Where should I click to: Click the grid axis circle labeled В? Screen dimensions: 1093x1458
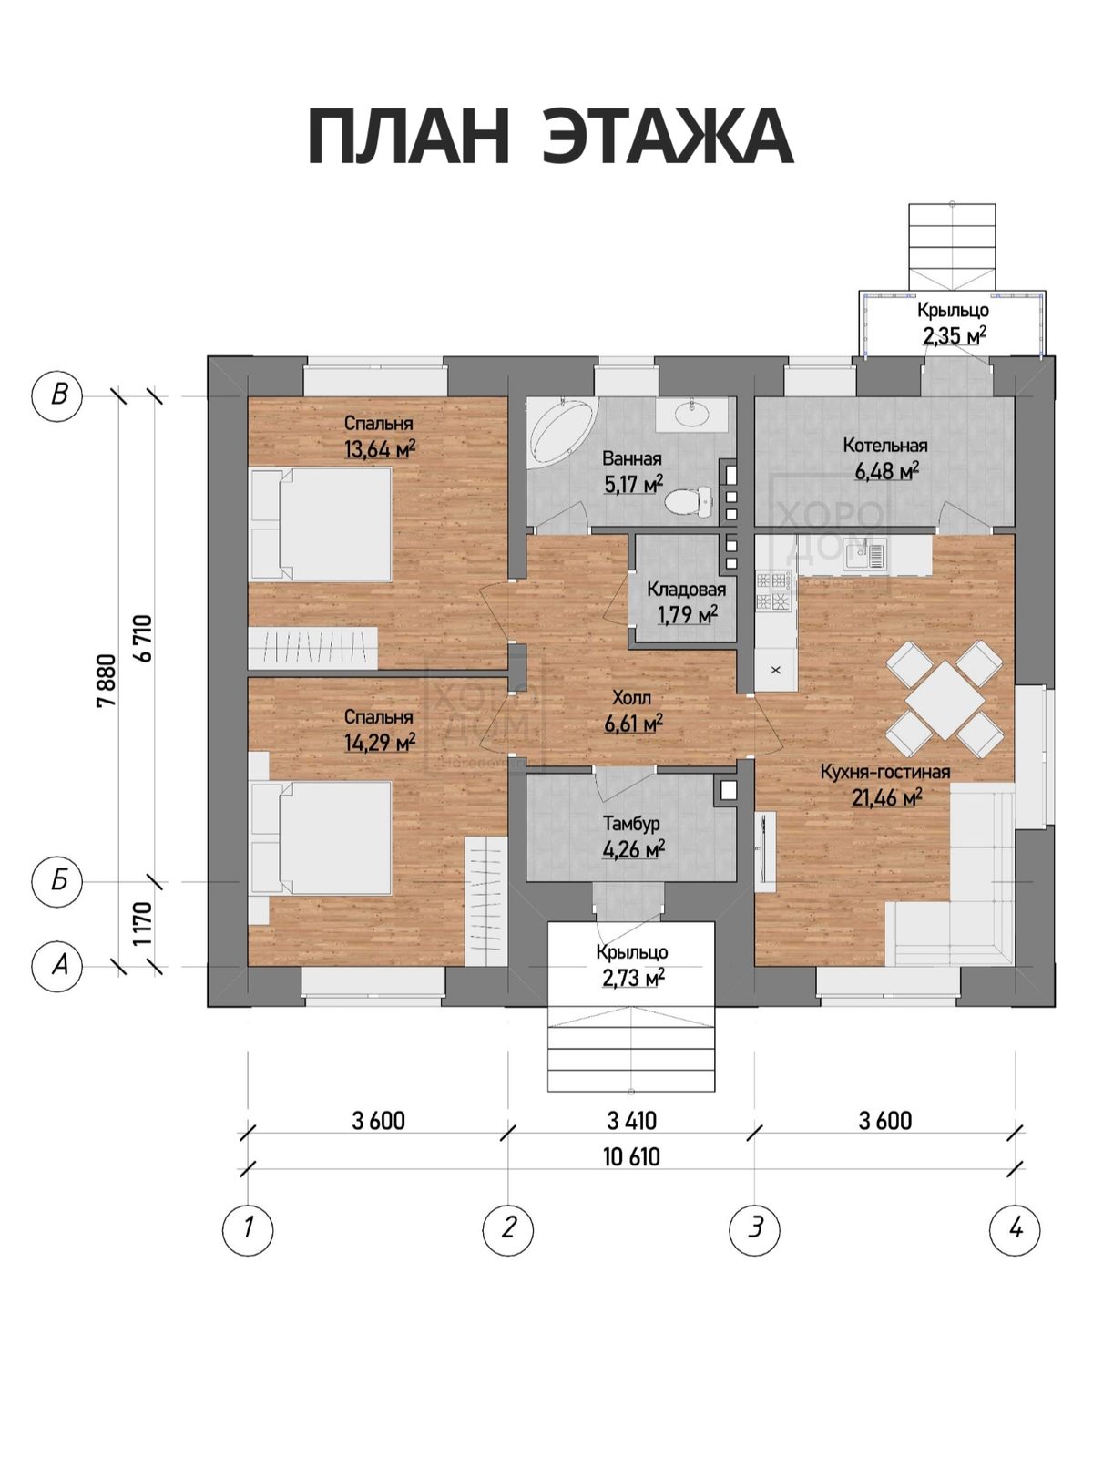coord(58,395)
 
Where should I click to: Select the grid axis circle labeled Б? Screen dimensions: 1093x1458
coord(58,882)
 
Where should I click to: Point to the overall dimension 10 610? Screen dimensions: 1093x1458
coord(632,1157)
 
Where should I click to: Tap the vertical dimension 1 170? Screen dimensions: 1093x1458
coord(142,923)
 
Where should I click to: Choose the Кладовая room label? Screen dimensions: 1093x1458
coord(686,590)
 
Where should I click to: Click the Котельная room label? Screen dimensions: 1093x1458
coord(885,445)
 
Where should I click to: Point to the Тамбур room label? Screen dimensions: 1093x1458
coord(631,824)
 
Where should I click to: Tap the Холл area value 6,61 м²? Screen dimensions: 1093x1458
coord(634,724)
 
